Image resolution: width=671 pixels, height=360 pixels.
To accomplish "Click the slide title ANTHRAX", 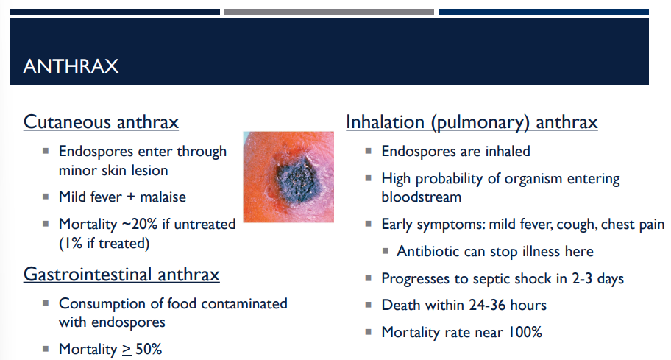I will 71,66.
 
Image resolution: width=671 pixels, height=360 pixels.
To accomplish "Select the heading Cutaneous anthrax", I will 101,122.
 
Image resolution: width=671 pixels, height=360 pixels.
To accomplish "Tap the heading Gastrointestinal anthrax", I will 121,275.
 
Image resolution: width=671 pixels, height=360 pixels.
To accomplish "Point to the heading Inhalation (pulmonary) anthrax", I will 472,122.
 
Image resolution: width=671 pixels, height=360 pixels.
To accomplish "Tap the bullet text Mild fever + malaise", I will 122,197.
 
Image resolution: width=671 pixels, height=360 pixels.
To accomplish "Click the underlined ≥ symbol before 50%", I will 127,349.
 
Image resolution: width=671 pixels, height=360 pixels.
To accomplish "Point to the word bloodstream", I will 421,197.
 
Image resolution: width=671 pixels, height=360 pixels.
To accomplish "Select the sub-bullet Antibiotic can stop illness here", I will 494,251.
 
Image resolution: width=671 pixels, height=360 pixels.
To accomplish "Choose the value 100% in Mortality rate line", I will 523,332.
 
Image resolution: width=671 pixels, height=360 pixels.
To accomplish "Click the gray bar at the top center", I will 329,12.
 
